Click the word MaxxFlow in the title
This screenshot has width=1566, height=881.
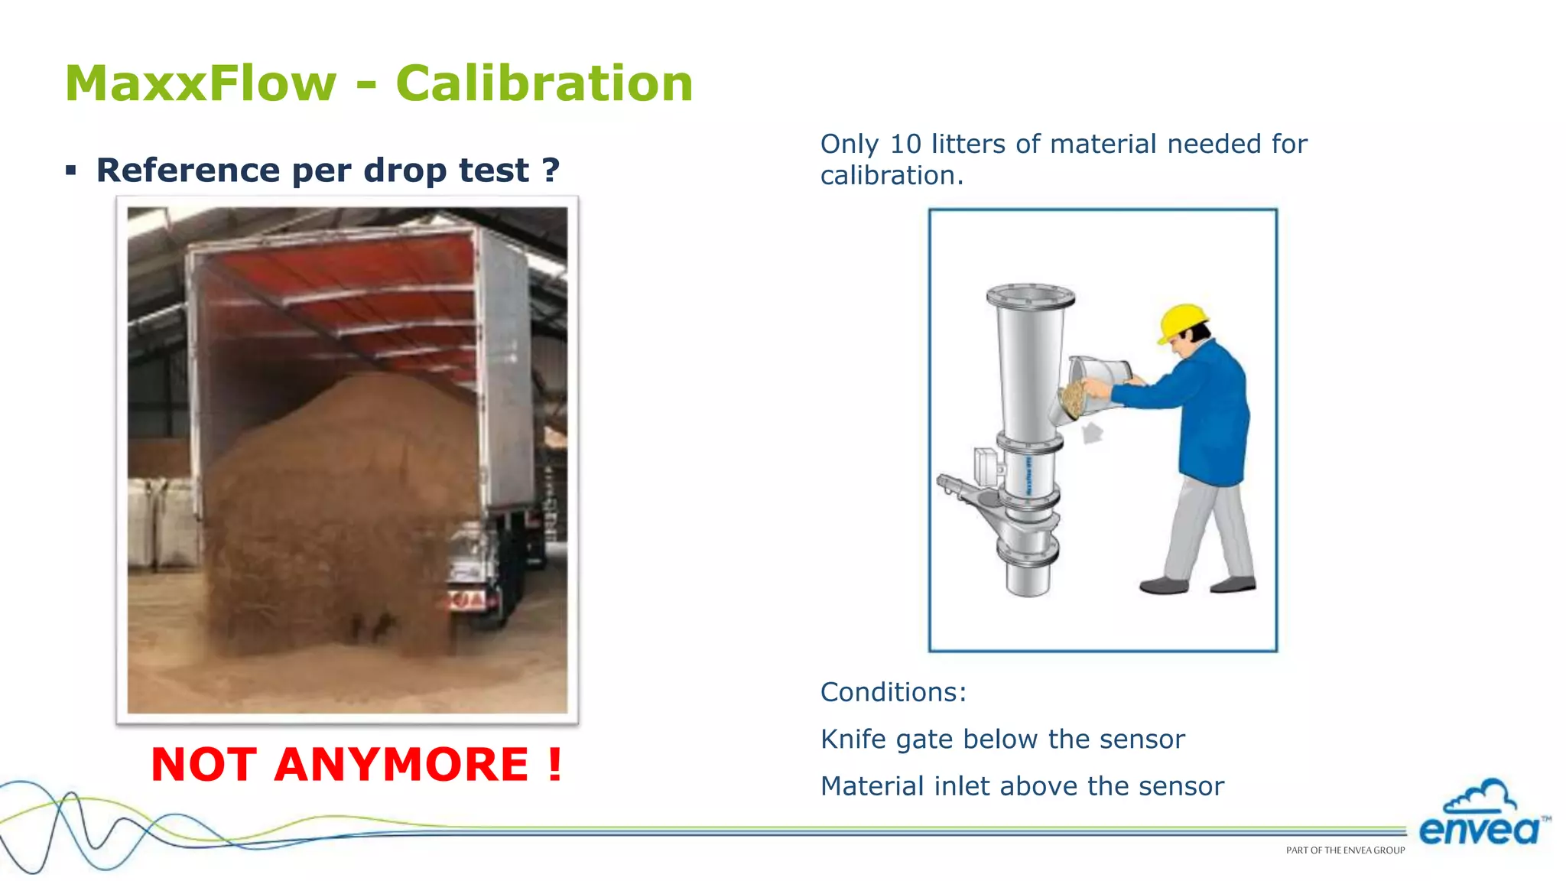200,83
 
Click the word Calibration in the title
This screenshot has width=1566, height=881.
544,83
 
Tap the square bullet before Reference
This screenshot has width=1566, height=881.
71,171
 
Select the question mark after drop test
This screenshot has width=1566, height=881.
551,170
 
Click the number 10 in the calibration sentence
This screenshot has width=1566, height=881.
905,144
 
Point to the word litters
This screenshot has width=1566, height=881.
968,144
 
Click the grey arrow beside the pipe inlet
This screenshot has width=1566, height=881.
1093,434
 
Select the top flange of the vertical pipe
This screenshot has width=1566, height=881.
1030,295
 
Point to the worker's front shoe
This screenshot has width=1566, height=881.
1164,586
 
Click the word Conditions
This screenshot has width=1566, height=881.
893,692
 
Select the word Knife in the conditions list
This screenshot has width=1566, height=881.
853,740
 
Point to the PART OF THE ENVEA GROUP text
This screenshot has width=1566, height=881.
1345,850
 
